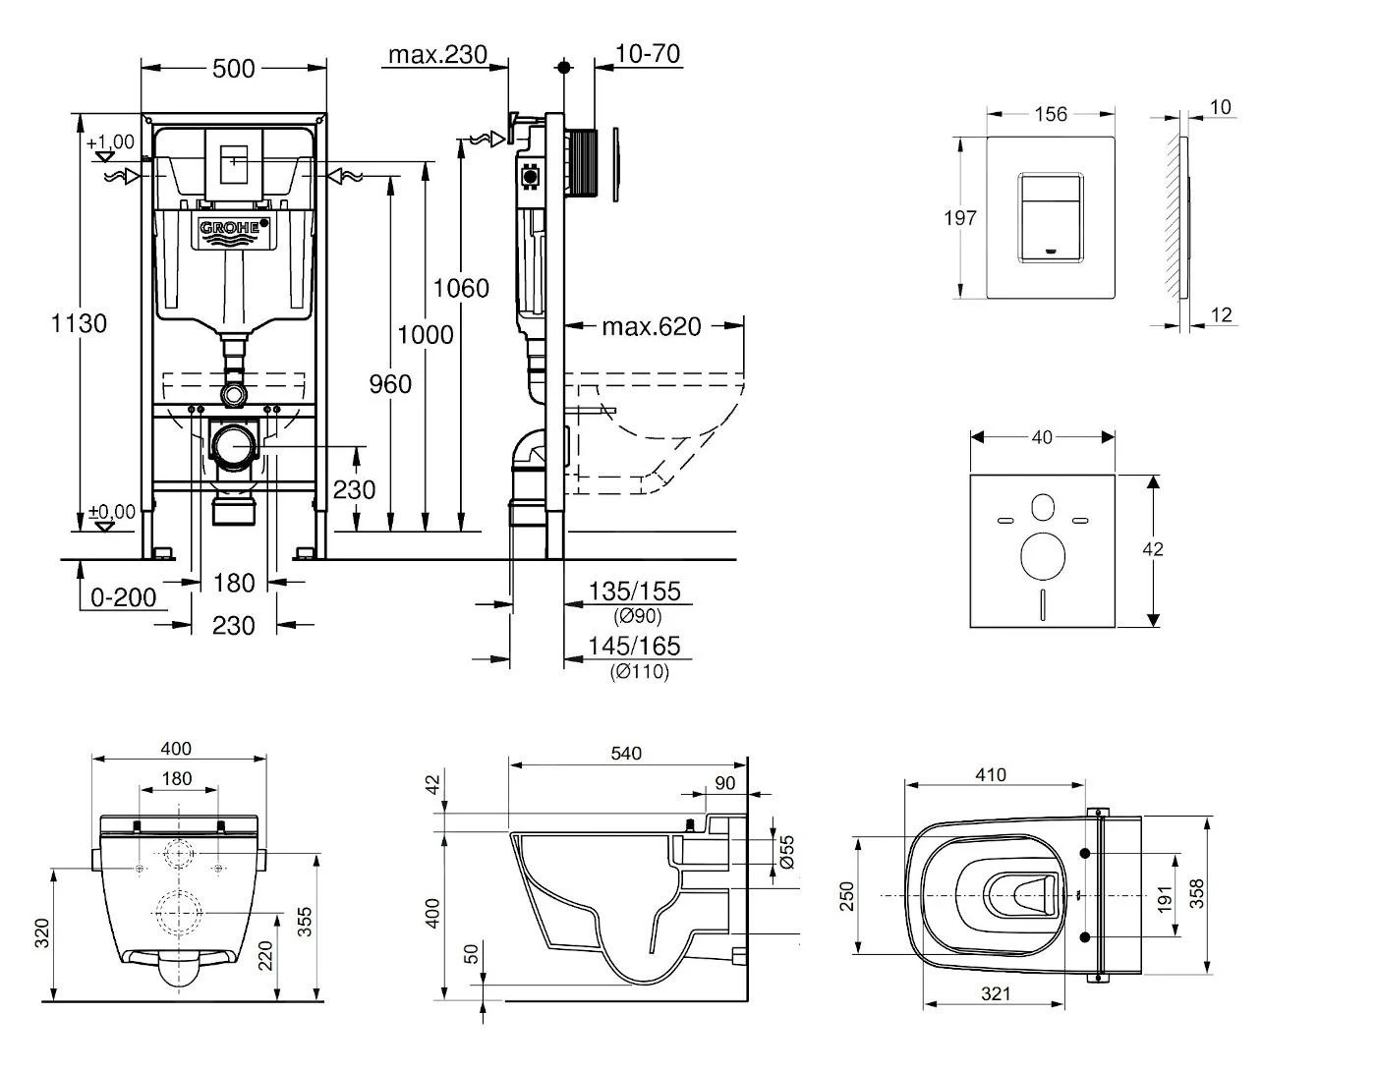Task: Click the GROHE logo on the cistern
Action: tap(234, 229)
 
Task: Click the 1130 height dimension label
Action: tap(79, 322)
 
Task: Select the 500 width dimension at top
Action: tap(234, 68)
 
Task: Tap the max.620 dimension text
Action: tap(652, 326)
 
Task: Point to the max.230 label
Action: tap(437, 54)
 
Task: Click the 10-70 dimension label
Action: tap(648, 54)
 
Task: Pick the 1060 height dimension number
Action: tap(461, 288)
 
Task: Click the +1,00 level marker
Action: tap(111, 143)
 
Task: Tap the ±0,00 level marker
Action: tap(111, 512)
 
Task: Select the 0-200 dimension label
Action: tap(123, 596)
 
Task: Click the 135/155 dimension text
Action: tap(634, 591)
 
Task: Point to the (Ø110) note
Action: tap(639, 672)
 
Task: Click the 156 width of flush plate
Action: tap(1050, 114)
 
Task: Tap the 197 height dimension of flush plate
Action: tap(960, 217)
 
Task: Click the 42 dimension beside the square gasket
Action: tap(1153, 548)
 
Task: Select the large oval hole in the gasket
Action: tap(1043, 555)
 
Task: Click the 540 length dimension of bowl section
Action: tap(625, 754)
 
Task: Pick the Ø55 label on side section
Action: tap(784, 852)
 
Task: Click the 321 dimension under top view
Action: tap(995, 993)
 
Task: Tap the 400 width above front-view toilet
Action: tap(176, 749)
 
